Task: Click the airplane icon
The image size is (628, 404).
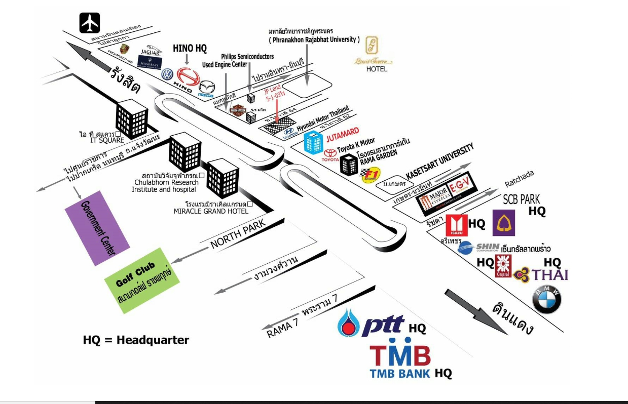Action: click(90, 23)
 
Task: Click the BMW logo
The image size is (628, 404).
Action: click(546, 300)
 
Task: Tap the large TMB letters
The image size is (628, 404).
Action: click(400, 356)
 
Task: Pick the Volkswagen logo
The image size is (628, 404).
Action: click(167, 74)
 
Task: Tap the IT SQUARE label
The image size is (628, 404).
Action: click(107, 140)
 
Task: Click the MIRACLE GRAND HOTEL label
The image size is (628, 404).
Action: click(211, 211)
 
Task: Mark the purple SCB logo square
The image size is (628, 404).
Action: click(503, 223)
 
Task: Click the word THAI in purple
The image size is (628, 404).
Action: click(549, 275)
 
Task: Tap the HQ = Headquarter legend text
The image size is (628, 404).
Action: click(136, 340)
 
